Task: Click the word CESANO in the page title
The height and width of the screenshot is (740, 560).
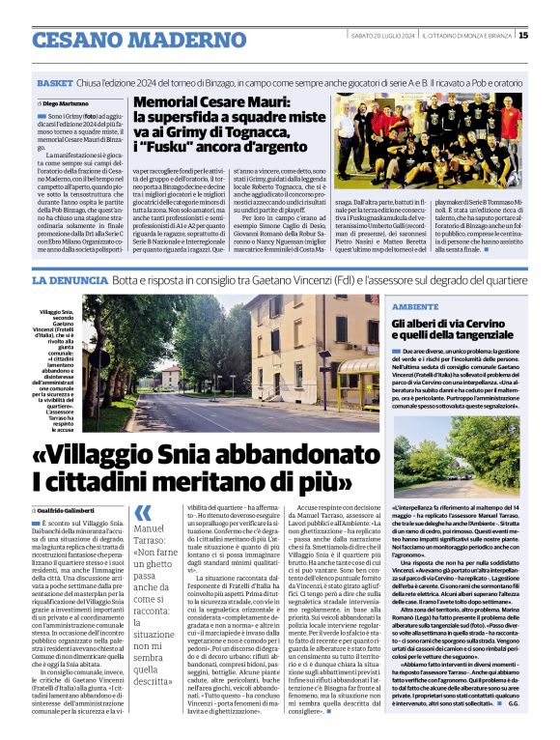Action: [76, 40]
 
